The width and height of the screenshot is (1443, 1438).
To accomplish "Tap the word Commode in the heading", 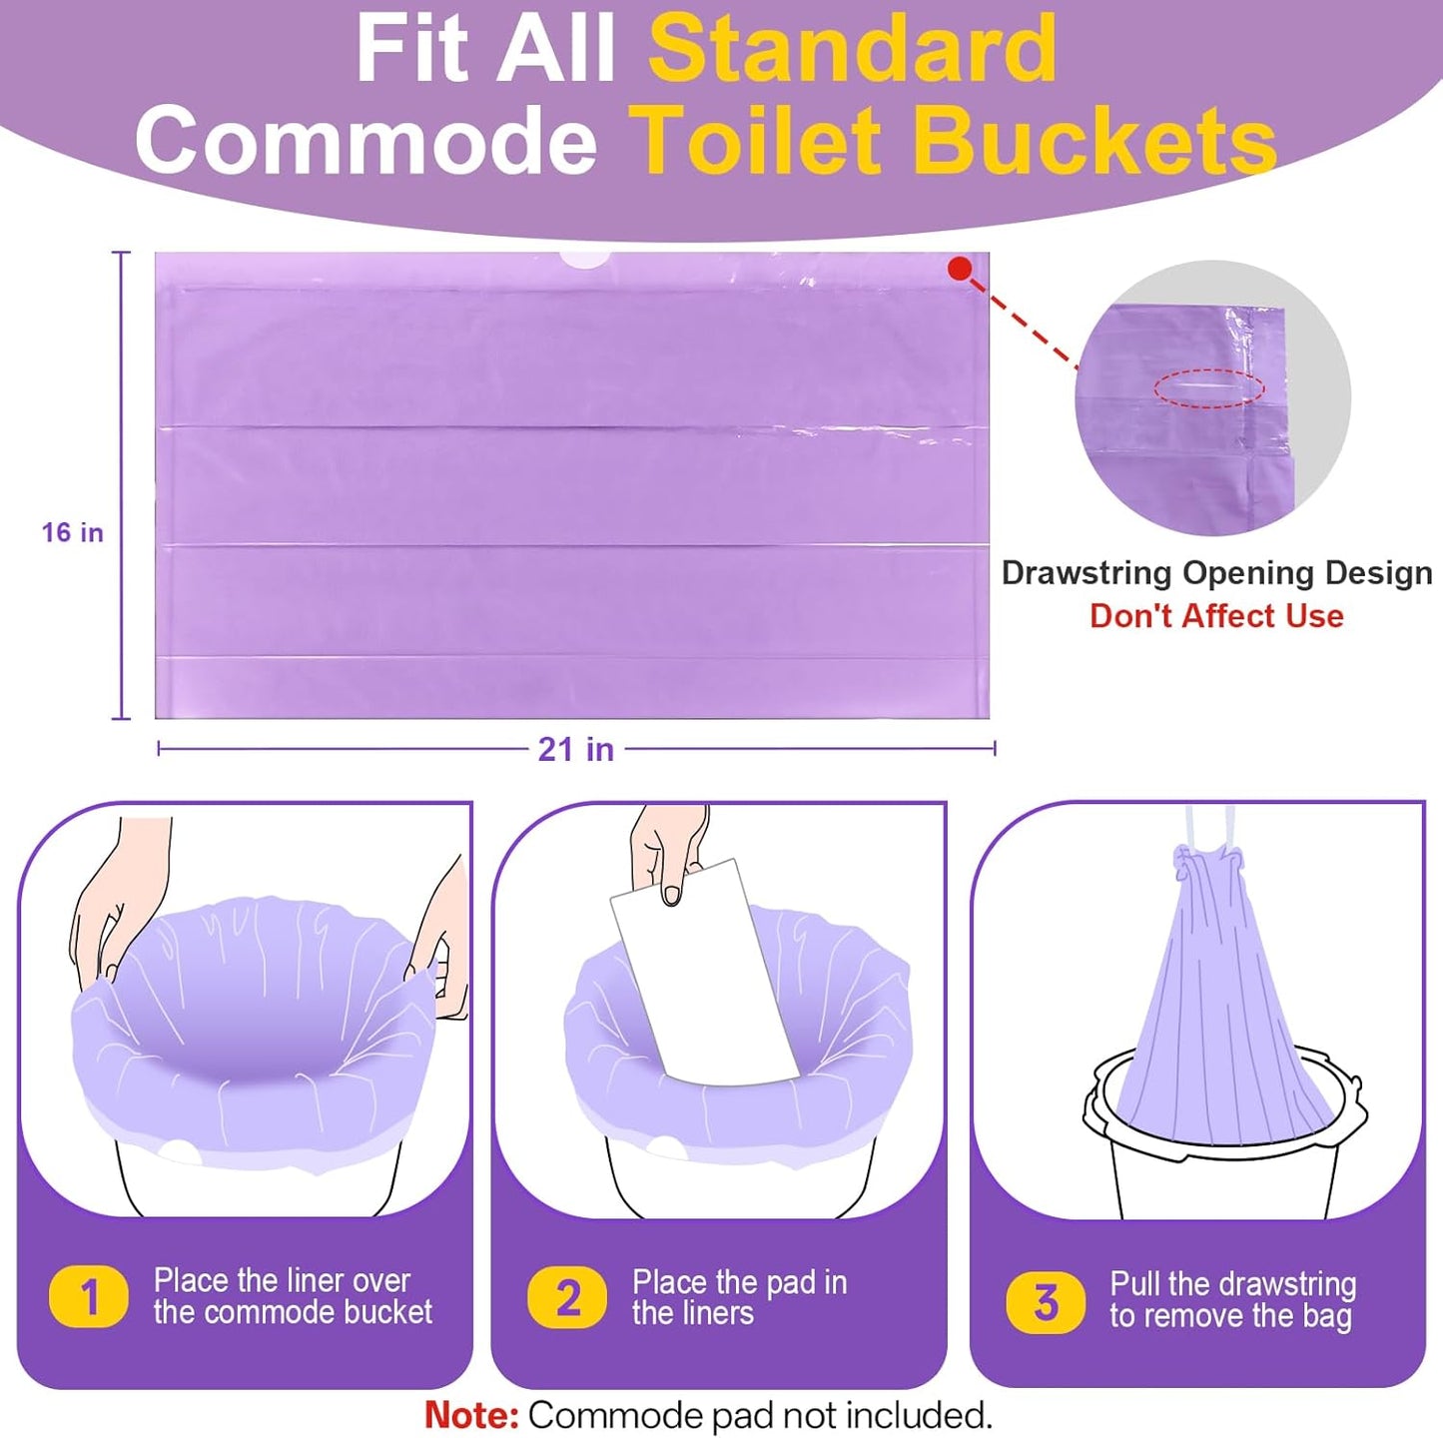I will (365, 142).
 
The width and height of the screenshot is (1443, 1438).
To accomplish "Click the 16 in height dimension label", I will (72, 532).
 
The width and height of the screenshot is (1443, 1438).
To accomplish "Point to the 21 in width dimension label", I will (575, 749).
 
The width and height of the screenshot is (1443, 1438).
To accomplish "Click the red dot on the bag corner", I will (960, 268).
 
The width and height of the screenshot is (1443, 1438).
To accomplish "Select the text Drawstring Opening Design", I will (1216, 573).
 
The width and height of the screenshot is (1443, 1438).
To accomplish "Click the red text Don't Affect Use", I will (1216, 616).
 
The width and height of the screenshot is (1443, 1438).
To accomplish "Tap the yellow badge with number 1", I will (89, 1297).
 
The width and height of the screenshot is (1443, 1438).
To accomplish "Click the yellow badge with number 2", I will (567, 1297).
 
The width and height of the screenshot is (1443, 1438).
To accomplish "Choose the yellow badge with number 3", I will (1046, 1302).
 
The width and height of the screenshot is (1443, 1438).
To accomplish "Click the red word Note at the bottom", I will (470, 1415).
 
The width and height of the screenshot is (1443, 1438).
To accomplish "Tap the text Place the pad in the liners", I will (739, 1297).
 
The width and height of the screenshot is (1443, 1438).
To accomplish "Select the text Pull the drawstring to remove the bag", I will (1232, 1299).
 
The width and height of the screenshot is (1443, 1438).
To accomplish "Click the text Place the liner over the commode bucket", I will (292, 1296).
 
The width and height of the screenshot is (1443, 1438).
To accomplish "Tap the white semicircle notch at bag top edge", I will (584, 260).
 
